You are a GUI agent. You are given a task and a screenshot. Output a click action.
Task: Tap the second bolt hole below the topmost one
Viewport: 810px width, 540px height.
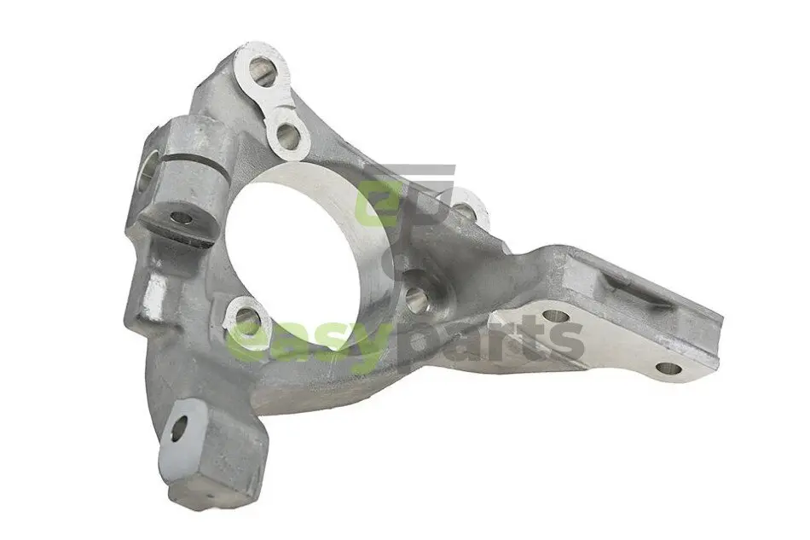[x=287, y=136]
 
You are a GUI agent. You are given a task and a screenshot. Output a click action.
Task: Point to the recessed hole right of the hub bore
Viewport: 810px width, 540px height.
[x=418, y=298]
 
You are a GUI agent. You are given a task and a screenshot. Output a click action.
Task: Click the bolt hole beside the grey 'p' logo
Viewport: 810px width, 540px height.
[x=465, y=208]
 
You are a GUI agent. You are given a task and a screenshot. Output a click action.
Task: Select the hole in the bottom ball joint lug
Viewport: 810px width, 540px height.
[x=178, y=429]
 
